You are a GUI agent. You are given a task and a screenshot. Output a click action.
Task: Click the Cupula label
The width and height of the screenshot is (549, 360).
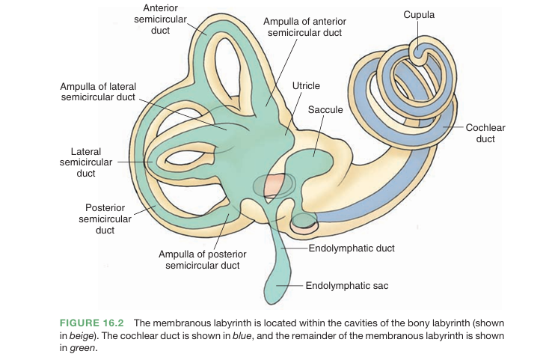pos(419,14)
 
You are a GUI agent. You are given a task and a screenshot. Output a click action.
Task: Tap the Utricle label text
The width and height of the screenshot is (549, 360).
pos(306,87)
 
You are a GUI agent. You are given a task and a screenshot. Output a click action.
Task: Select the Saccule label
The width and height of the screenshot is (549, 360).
pos(325,110)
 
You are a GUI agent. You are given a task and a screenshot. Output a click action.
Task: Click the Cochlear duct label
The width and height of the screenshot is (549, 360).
pos(485,133)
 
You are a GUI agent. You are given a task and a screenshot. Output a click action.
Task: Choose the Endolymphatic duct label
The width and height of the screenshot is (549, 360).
pos(352,248)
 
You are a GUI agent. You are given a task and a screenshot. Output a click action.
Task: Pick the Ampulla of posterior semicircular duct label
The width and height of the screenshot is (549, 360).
pos(202,260)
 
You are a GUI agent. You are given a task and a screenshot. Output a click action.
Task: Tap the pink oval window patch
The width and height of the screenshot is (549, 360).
pos(274,184)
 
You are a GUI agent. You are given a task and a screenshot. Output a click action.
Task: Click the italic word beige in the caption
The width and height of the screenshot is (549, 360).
pos(82,335)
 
